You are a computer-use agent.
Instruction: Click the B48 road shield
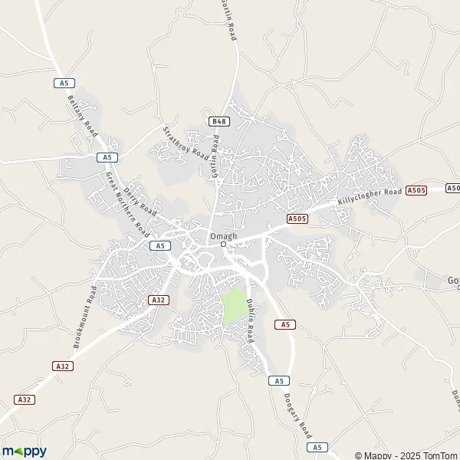pyautogui.click(x=219, y=121)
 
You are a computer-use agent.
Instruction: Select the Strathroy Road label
pyautogui.click(x=187, y=143)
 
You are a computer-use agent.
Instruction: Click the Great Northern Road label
pyautogui.click(x=127, y=203)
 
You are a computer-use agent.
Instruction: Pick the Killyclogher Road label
pyautogui.click(x=370, y=197)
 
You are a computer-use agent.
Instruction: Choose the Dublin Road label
pyautogui.click(x=250, y=322)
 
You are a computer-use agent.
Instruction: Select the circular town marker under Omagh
pyautogui.click(x=224, y=245)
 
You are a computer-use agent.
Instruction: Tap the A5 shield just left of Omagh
pyautogui.click(x=159, y=245)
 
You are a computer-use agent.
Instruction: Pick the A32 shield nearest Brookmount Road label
pyautogui.click(x=159, y=300)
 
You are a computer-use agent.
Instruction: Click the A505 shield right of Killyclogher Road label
pyautogui.click(x=416, y=189)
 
